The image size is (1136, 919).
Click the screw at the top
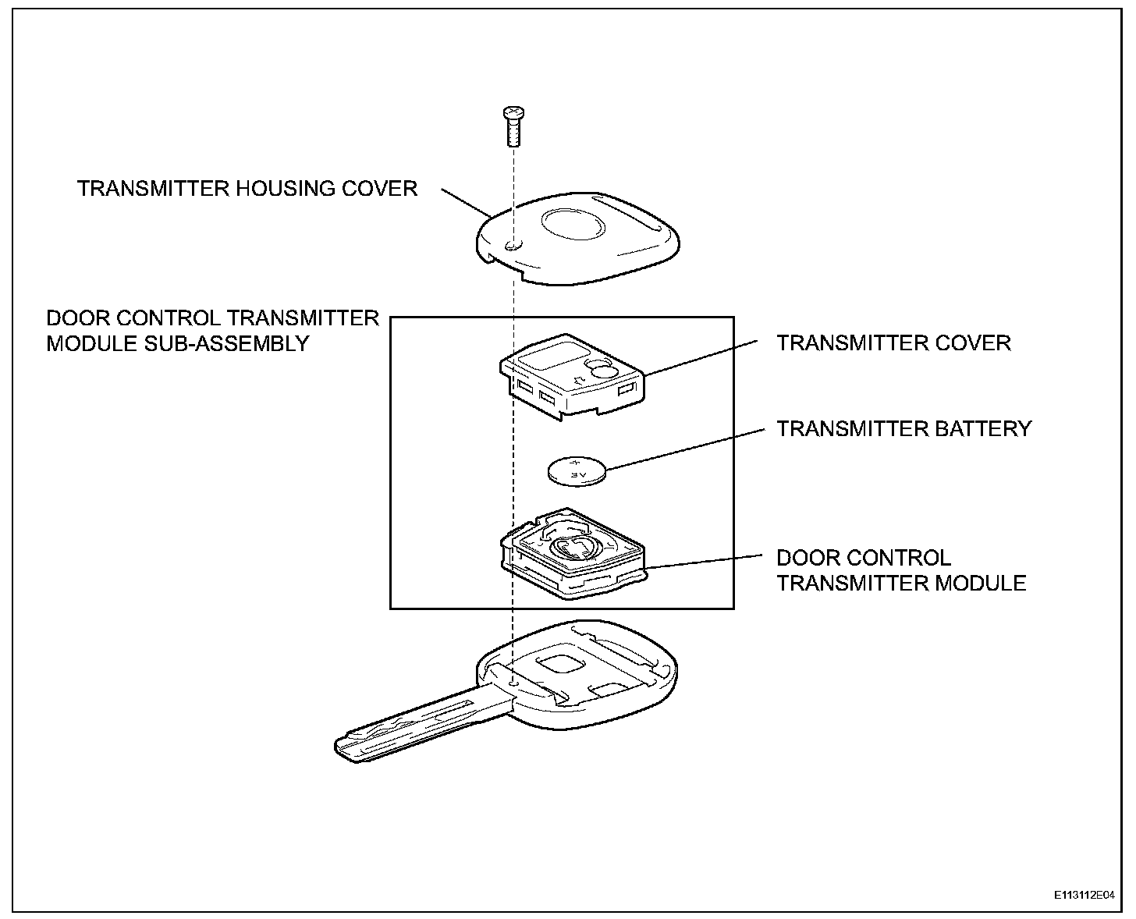pyautogui.click(x=513, y=126)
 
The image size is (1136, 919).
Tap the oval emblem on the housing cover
pyautogui.click(x=573, y=225)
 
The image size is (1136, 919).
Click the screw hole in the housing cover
pyautogui.click(x=511, y=246)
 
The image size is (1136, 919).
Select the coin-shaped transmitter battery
pyautogui.click(x=577, y=470)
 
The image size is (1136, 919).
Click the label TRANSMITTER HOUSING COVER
pyautogui.click(x=247, y=188)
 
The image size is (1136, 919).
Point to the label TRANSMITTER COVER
pyautogui.click(x=893, y=342)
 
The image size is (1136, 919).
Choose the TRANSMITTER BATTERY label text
pyautogui.click(x=903, y=428)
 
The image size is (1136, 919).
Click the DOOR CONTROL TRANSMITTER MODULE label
pyautogui.click(x=900, y=570)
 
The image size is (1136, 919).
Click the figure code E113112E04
pyautogui.click(x=1084, y=896)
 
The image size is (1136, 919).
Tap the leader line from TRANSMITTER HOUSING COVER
pyautogui.click(x=466, y=202)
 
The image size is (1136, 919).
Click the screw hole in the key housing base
pyautogui.click(x=512, y=683)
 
